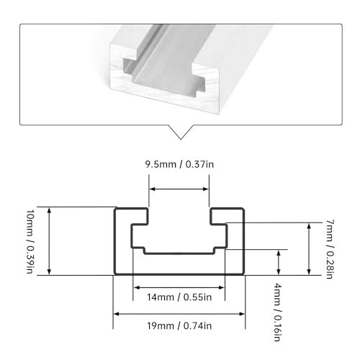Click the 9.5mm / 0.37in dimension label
(x=179, y=165)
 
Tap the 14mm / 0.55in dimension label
(x=179, y=295)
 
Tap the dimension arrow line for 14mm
(x=179, y=284)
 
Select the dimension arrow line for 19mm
(x=179, y=314)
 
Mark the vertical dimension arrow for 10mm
(x=50, y=241)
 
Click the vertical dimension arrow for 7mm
(x=308, y=248)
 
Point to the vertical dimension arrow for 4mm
(x=279, y=262)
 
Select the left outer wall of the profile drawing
(x=117, y=245)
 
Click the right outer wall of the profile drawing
(x=242, y=245)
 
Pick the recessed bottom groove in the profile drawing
(x=179, y=251)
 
